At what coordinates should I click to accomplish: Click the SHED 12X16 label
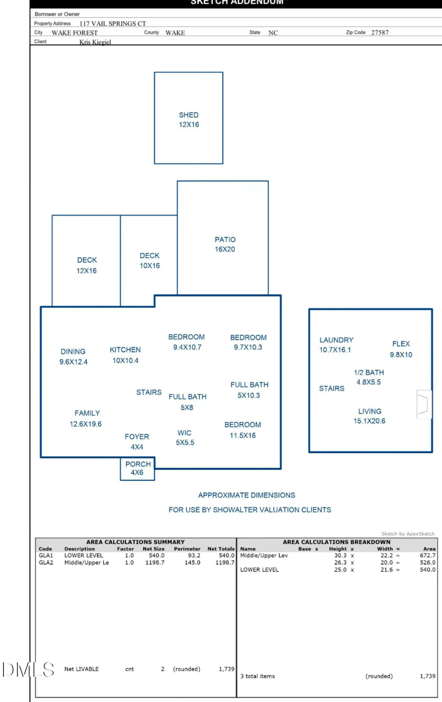(188, 120)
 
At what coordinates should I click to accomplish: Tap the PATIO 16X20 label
(225, 244)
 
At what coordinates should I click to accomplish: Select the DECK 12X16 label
(87, 265)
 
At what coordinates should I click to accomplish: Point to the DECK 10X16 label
(149, 260)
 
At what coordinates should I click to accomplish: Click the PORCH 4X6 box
(138, 469)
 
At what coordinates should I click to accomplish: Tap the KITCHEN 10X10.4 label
(125, 355)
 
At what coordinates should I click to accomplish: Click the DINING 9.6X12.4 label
(73, 357)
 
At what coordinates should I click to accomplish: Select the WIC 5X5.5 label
(185, 438)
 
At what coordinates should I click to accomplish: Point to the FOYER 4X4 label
(136, 442)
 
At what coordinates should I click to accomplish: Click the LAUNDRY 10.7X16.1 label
(336, 345)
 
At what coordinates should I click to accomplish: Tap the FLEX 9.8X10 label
(401, 349)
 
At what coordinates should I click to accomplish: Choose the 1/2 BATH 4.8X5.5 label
(369, 377)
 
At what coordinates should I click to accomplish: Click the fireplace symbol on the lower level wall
(423, 404)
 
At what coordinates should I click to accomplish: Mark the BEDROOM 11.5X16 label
(243, 430)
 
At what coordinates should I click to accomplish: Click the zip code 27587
(380, 33)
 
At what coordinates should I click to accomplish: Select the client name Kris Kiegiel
(95, 42)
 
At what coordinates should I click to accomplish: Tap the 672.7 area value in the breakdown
(428, 556)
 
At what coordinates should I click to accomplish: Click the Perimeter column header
(187, 549)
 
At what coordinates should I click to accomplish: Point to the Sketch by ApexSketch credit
(408, 533)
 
